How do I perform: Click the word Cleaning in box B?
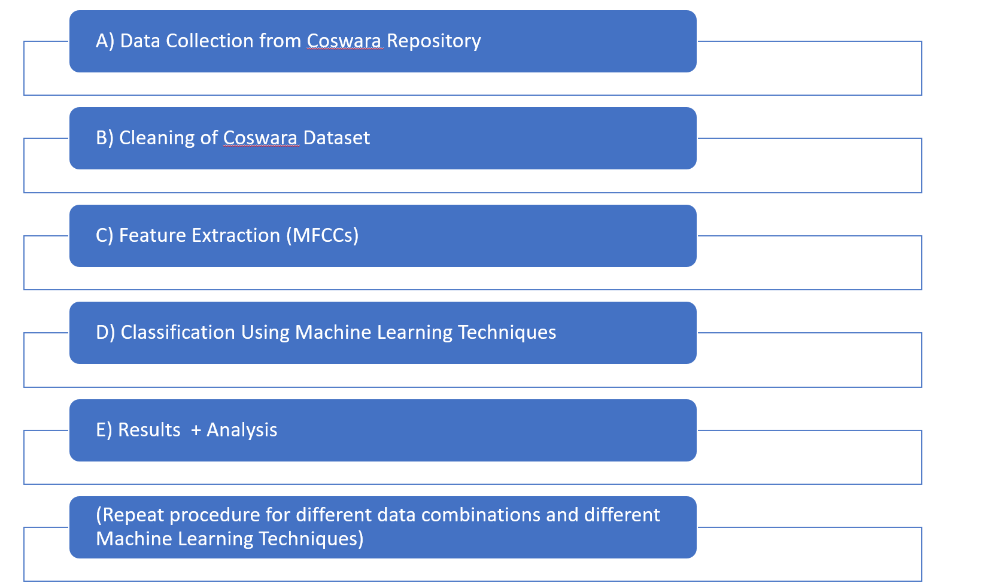pyautogui.click(x=157, y=138)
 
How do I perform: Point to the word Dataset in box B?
pyautogui.click(x=336, y=138)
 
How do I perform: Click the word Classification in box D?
pyautogui.click(x=178, y=332)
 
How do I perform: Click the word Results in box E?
pyautogui.click(x=150, y=430)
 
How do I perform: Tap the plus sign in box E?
pyautogui.click(x=196, y=430)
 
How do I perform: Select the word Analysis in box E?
pyautogui.click(x=242, y=430)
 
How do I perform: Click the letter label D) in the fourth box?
pyautogui.click(x=105, y=333)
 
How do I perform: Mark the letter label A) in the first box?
pyautogui.click(x=105, y=41)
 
